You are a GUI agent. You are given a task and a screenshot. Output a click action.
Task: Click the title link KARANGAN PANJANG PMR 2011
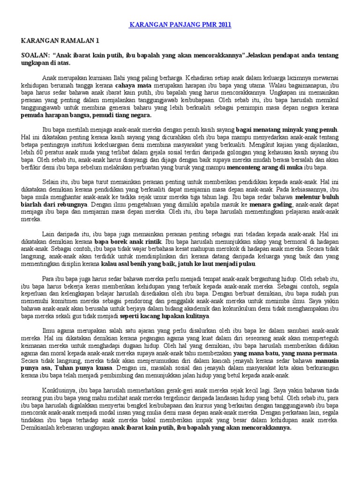click(x=180, y=24)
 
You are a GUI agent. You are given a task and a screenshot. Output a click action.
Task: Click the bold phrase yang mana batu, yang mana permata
click(x=286, y=352)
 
